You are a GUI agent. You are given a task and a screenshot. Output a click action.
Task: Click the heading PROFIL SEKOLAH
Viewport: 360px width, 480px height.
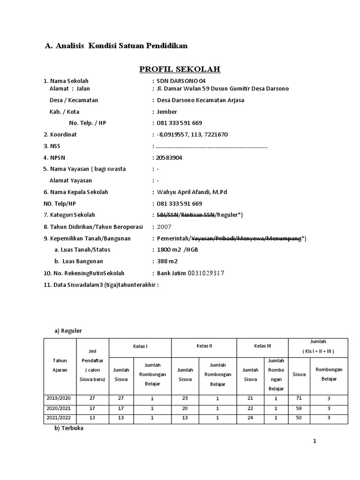tap(180, 69)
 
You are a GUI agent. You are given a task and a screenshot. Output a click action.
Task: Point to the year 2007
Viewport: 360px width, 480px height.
tap(165, 226)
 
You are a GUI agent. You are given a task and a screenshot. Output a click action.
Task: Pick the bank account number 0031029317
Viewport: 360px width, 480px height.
tap(206, 273)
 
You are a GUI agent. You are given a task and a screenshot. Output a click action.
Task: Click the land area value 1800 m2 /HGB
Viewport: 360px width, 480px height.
tap(178, 249)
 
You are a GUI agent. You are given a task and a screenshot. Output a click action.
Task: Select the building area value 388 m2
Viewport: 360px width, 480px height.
tap(167, 261)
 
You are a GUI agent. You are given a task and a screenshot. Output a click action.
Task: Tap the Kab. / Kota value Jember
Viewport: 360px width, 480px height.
tap(167, 112)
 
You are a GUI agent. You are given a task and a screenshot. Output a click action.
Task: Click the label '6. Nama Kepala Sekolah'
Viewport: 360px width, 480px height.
tap(76, 192)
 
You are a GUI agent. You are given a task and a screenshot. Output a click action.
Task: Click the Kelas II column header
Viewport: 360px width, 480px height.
tap(204, 346)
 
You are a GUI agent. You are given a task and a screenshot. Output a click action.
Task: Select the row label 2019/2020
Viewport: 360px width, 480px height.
tap(60, 397)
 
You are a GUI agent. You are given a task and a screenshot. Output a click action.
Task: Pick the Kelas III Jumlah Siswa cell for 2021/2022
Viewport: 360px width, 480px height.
tap(250, 418)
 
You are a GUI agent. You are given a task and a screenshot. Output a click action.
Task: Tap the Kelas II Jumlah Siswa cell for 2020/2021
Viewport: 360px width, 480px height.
tap(185, 408)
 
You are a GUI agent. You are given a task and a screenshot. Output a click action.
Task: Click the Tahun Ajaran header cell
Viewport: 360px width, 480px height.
tap(60, 365)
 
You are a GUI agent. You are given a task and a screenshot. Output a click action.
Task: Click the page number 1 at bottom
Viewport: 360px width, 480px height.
tap(315, 442)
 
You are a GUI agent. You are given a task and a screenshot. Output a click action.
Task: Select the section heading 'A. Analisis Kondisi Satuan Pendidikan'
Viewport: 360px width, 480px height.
tap(116, 46)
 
